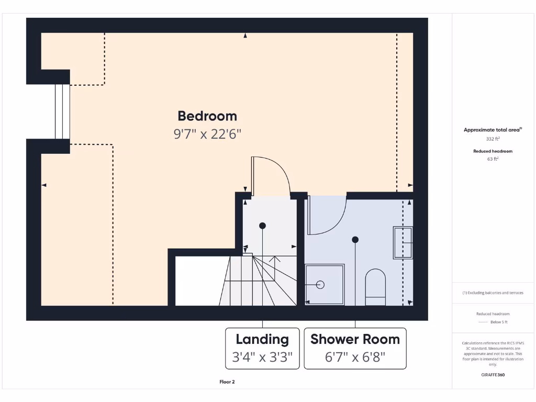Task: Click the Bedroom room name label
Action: (x=207, y=116)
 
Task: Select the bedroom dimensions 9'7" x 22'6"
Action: (x=207, y=134)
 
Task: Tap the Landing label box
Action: (x=262, y=349)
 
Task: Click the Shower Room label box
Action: (x=355, y=349)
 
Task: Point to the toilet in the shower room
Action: (x=375, y=287)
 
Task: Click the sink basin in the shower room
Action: (x=403, y=242)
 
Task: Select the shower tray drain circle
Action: (x=320, y=285)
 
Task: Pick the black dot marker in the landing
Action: (x=262, y=226)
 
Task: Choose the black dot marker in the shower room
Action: (x=355, y=240)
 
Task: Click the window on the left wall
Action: (x=62, y=111)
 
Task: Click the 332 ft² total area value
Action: (x=493, y=139)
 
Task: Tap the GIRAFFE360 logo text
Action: (x=493, y=375)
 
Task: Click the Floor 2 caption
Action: (x=227, y=382)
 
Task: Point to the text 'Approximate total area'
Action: (x=492, y=130)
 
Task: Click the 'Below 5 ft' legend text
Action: (x=499, y=322)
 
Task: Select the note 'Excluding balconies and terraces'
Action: (x=493, y=293)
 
